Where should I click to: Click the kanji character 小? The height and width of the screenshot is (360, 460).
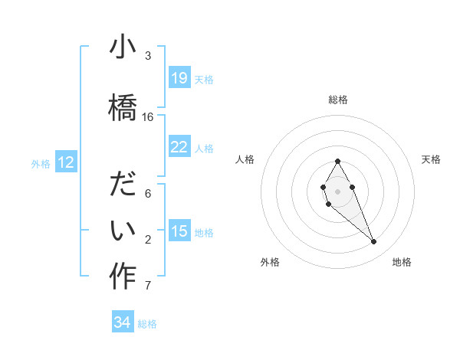123,47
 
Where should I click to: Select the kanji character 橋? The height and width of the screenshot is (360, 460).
123,104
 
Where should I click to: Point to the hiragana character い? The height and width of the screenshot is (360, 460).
123,228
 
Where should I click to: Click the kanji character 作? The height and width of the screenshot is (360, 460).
123,276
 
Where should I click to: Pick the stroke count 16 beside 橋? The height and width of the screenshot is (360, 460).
148,117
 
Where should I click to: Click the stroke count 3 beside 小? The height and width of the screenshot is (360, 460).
148,55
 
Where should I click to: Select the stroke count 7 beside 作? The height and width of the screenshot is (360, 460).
148,286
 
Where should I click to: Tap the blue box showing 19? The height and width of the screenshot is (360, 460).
179,77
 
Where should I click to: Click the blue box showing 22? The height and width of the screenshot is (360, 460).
179,146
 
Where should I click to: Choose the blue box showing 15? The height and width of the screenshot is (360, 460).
179,231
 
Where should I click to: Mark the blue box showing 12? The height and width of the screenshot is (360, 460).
66,162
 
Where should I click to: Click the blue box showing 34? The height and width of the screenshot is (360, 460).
123,322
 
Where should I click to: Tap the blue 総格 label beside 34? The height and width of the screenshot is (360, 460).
147,323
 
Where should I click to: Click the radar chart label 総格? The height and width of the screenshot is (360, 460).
337,100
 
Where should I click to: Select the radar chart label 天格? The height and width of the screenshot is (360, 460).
431,159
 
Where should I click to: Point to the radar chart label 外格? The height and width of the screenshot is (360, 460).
270,262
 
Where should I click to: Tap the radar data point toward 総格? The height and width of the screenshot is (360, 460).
337,161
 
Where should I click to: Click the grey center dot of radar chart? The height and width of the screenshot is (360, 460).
337,189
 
